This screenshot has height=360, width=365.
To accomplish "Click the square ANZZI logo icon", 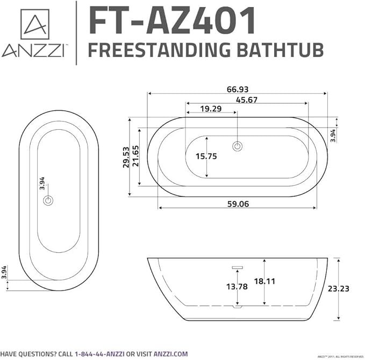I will pos(34,24).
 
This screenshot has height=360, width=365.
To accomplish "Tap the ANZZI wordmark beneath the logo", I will pos(34,51).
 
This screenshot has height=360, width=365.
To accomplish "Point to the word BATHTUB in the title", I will pos(280,50).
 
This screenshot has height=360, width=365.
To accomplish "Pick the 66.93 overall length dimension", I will pos(237,89).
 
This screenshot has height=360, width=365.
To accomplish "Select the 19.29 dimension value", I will pos(211,109).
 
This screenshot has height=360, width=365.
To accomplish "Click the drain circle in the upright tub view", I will pos(48,200).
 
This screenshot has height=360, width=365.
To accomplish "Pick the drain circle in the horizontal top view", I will pos(237,145).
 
